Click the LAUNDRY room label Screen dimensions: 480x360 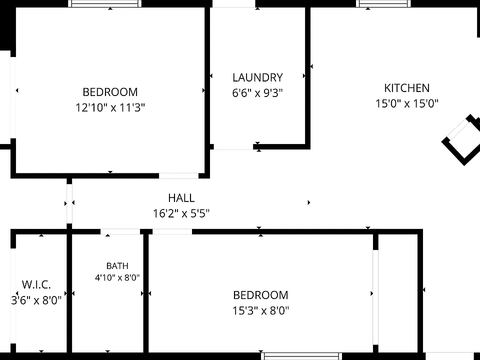tap(257, 78)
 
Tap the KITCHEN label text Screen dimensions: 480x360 tap(407, 88)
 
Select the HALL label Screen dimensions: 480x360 tap(181, 198)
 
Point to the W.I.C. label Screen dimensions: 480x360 tap(36, 284)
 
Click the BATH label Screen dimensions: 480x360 tap(117, 265)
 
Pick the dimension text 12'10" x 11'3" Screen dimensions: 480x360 tap(110, 108)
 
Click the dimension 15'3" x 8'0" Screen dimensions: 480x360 tap(260, 310)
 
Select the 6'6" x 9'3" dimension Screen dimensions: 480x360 tap(257, 93)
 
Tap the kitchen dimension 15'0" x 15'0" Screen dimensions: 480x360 tap(407, 103)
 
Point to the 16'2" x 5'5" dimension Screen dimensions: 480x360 tap(181, 213)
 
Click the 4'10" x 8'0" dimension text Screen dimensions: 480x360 tap(117, 277)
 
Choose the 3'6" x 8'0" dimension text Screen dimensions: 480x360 tap(36, 300)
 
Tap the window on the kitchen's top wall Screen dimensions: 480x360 tap(383, 3)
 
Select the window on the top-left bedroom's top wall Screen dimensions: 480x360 tap(104, 3)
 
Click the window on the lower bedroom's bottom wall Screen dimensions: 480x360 tap(301, 356)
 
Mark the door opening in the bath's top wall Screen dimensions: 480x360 tap(120, 231)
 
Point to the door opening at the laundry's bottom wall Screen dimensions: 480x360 tap(233, 147)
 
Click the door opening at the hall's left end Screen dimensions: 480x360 tap(69, 204)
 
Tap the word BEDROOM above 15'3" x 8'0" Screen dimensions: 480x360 tap(260, 295)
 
